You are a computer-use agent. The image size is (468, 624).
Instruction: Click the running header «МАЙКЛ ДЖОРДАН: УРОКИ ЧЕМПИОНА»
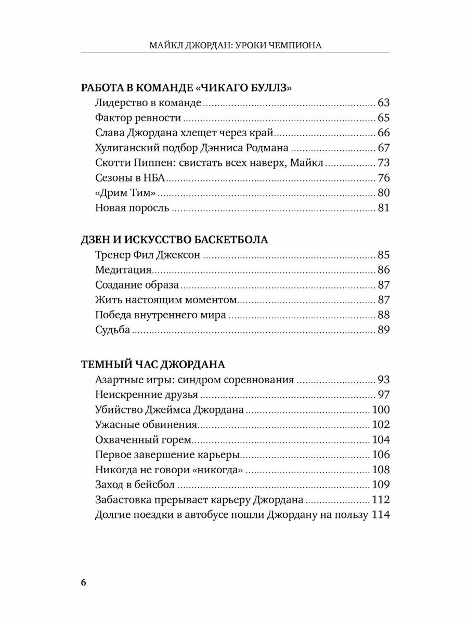[x=235, y=45]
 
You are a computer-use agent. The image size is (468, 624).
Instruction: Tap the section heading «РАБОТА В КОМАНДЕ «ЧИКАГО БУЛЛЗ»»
[x=187, y=87]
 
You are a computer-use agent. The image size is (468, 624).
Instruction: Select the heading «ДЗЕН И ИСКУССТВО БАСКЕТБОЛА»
[x=175, y=240]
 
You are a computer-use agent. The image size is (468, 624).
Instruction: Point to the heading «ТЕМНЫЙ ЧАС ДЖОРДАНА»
[x=153, y=363]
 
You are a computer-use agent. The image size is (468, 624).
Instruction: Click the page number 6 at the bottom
[x=84, y=581]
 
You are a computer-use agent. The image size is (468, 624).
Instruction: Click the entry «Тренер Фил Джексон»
[x=148, y=255]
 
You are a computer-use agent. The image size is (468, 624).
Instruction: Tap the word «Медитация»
[x=123, y=270]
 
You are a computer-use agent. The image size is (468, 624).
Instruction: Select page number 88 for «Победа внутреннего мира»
[x=384, y=315]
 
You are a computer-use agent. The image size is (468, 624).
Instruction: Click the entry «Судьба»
[x=113, y=330]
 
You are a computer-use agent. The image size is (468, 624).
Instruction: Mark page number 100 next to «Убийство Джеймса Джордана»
[x=381, y=410]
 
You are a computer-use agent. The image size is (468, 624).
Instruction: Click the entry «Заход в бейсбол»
[x=135, y=485]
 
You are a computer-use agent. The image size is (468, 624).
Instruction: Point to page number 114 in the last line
[x=381, y=515]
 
